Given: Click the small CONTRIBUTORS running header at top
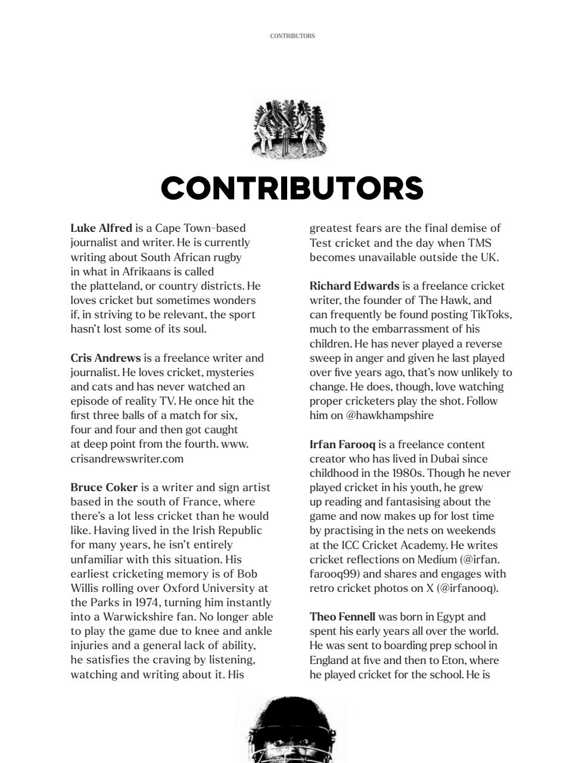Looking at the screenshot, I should [x=292, y=36].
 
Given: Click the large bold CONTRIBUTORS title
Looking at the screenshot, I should [x=292, y=188].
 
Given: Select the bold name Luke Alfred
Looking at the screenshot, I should [x=101, y=228].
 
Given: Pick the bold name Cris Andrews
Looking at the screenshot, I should [x=105, y=358].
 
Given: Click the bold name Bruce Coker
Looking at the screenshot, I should [x=104, y=488].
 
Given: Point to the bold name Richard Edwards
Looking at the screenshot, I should [x=354, y=286].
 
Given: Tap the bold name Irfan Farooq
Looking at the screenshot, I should [x=342, y=445].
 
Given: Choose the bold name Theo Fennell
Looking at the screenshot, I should [x=342, y=617].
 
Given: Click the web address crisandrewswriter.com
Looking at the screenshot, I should [x=127, y=459].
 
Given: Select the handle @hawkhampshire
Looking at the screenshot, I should [x=390, y=415].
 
